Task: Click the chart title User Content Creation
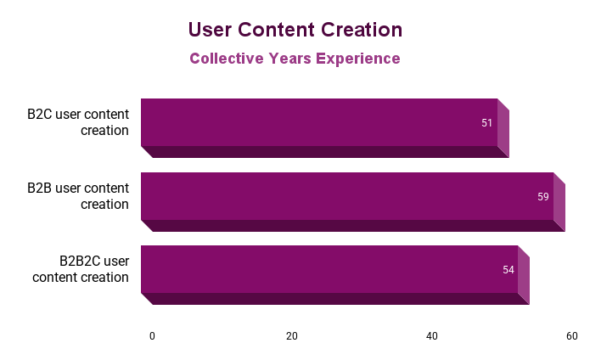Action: pos(295,30)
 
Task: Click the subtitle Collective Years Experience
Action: pos(295,59)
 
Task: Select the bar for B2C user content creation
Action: pos(318,122)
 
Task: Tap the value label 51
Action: pos(487,123)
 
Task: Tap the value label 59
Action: pos(543,197)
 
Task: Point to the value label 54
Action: pos(509,270)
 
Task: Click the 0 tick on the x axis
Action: pos(153,336)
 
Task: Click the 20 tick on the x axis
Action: pos(292,336)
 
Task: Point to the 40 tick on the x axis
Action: pos(432,336)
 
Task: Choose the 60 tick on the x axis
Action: pos(572,336)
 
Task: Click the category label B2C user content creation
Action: pos(78,122)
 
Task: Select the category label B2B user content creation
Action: pos(78,196)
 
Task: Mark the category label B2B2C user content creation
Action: pos(81,269)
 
